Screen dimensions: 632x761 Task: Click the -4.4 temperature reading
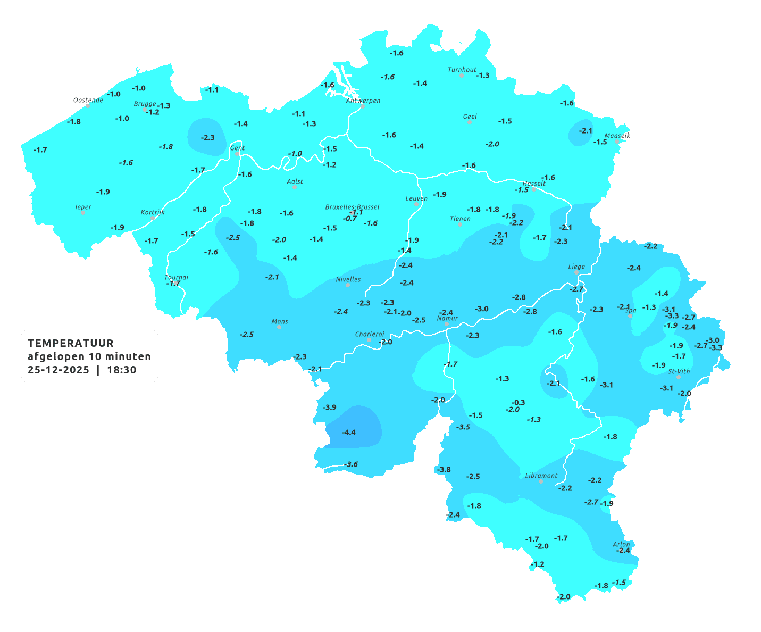click(349, 432)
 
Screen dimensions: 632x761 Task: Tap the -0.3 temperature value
click(518, 402)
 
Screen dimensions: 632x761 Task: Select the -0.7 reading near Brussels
click(350, 219)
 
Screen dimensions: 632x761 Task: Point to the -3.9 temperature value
click(330, 407)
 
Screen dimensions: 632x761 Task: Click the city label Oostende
click(88, 100)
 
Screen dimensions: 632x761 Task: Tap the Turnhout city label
click(462, 70)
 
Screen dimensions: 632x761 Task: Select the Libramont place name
click(541, 476)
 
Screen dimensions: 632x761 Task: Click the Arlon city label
click(621, 544)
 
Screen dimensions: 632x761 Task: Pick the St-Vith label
click(679, 371)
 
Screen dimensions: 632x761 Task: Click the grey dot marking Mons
click(279, 327)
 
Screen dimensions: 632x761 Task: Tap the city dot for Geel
click(470, 122)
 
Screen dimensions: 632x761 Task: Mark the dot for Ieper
click(82, 213)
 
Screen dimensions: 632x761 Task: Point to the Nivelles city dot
click(348, 285)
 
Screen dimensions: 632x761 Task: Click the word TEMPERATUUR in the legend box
click(71, 343)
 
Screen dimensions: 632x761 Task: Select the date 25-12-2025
click(58, 370)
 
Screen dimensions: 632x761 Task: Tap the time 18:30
click(122, 370)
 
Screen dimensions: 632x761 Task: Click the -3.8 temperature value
click(444, 469)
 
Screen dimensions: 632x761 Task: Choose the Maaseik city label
click(617, 136)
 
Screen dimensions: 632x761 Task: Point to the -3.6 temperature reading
click(352, 464)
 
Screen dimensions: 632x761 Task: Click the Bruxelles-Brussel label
click(353, 206)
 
